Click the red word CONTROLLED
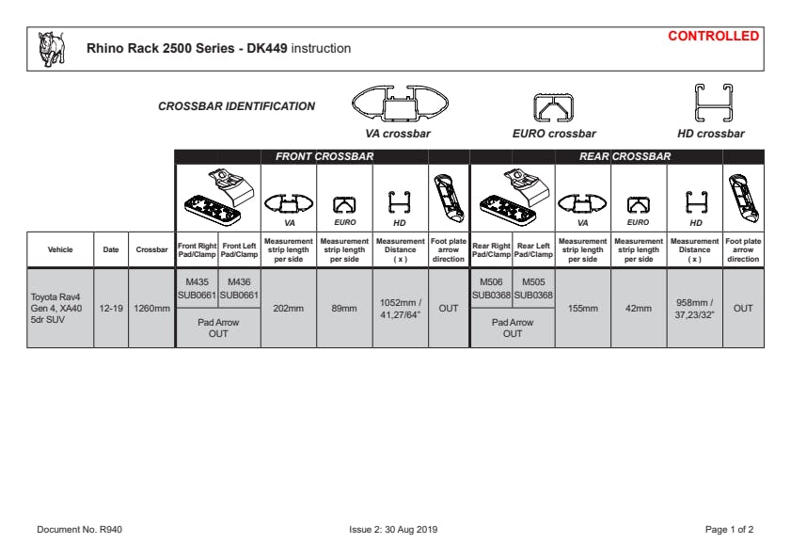713,37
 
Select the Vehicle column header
60,249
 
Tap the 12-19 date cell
111,308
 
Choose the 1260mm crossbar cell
150,308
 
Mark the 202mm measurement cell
289,308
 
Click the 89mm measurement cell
344,308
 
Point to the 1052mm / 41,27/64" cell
400,308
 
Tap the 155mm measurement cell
582,308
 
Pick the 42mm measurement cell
639,308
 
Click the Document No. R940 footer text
79,530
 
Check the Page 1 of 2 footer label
729,530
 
